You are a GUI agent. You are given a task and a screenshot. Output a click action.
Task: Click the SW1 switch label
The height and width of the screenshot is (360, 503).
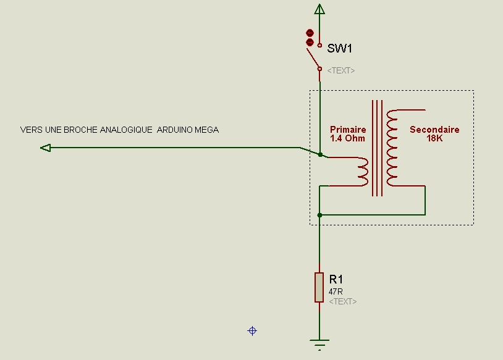click(340, 49)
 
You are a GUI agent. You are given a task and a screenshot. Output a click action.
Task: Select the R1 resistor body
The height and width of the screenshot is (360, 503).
click(319, 287)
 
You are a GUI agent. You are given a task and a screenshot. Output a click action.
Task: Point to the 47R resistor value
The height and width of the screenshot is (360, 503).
click(336, 291)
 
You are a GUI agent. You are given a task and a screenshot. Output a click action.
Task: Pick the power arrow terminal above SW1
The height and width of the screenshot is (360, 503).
click(319, 9)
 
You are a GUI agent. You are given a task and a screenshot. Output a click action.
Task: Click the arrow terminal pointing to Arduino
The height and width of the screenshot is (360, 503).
click(45, 148)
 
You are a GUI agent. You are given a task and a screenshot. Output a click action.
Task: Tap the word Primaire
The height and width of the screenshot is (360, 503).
click(348, 130)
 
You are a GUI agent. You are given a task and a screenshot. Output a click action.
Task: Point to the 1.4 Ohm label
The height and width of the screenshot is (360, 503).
click(348, 138)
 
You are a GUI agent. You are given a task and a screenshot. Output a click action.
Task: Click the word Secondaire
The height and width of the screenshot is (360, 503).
click(434, 130)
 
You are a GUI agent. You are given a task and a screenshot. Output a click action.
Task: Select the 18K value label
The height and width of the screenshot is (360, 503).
click(434, 138)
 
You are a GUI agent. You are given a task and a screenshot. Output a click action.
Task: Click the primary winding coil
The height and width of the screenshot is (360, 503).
click(363, 171)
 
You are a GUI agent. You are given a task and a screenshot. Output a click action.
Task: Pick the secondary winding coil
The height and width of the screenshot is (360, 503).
click(392, 148)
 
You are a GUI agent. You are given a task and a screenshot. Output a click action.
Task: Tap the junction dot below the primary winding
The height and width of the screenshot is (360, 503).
click(319, 215)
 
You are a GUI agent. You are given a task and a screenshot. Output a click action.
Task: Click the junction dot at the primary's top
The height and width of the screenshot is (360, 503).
click(320, 154)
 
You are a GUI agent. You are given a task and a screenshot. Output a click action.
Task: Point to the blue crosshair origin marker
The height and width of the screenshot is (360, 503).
click(252, 331)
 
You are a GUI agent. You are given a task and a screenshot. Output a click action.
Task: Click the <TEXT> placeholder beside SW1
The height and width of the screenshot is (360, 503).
click(341, 70)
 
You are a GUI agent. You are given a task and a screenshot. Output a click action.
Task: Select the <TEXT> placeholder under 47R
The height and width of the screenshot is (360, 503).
click(342, 301)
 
